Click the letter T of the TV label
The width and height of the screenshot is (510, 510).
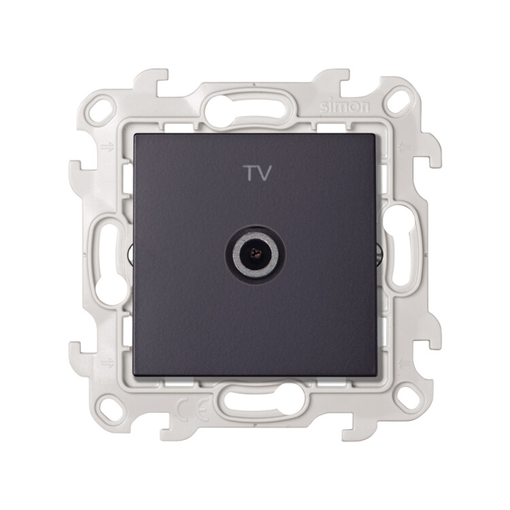[x=250, y=173]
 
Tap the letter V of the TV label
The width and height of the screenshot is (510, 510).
[x=265, y=173]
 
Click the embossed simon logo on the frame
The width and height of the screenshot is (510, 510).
[x=345, y=107]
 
